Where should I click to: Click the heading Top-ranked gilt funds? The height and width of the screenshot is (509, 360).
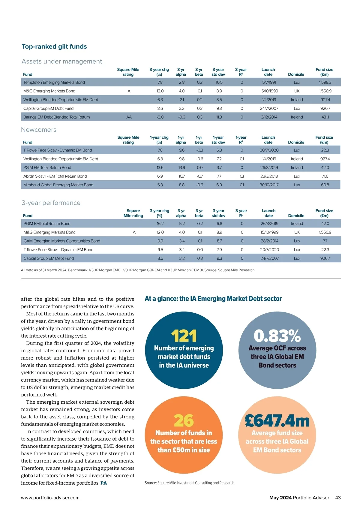pos(54,47)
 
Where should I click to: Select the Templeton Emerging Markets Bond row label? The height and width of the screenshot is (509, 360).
pos(54,82)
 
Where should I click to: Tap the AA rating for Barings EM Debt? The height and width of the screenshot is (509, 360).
pos(129,117)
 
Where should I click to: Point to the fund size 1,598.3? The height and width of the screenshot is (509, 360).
pos(325,82)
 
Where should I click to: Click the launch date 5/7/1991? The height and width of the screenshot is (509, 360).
pos(269,82)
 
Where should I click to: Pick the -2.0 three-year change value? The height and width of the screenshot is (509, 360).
pos(160,117)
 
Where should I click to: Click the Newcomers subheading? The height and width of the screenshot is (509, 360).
pos(39,130)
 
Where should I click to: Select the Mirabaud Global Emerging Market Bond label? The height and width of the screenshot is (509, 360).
pos(58,185)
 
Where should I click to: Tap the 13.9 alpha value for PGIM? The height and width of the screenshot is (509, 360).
pos(181,167)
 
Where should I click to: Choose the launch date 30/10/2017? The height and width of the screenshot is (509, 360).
pos(269,185)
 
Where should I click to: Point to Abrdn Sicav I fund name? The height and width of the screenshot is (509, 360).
pos(55,176)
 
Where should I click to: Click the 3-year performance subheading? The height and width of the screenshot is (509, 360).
pos(51,203)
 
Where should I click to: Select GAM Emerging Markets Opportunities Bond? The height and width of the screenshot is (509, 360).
pos(62,241)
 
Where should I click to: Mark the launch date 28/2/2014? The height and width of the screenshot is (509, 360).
pos(269,241)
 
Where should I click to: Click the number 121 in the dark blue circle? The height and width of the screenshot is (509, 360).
pos(184,336)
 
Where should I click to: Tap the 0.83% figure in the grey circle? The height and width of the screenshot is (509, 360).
pos(277,336)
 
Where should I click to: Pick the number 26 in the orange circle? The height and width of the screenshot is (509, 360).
pos(184,421)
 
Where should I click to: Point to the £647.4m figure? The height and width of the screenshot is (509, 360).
pos(277,421)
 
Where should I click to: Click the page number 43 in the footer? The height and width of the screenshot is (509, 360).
pos(338,498)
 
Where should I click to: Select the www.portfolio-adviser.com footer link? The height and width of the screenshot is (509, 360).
pos(50,498)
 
